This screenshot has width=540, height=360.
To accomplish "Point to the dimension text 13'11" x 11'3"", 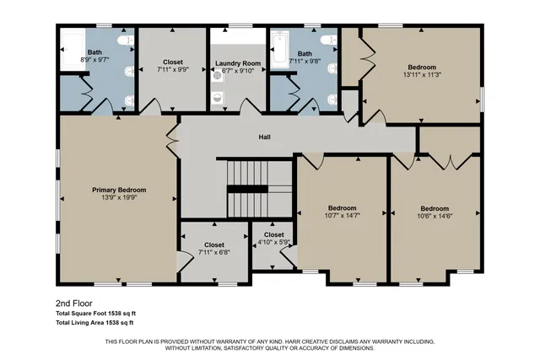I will tap(422, 75).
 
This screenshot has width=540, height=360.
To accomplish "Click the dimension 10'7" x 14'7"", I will tap(342, 216).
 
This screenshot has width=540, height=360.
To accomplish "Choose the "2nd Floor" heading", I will tap(73, 303).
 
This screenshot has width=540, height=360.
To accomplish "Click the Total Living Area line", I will tap(95, 322).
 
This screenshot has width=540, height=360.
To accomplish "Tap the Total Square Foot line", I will tap(95, 313).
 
